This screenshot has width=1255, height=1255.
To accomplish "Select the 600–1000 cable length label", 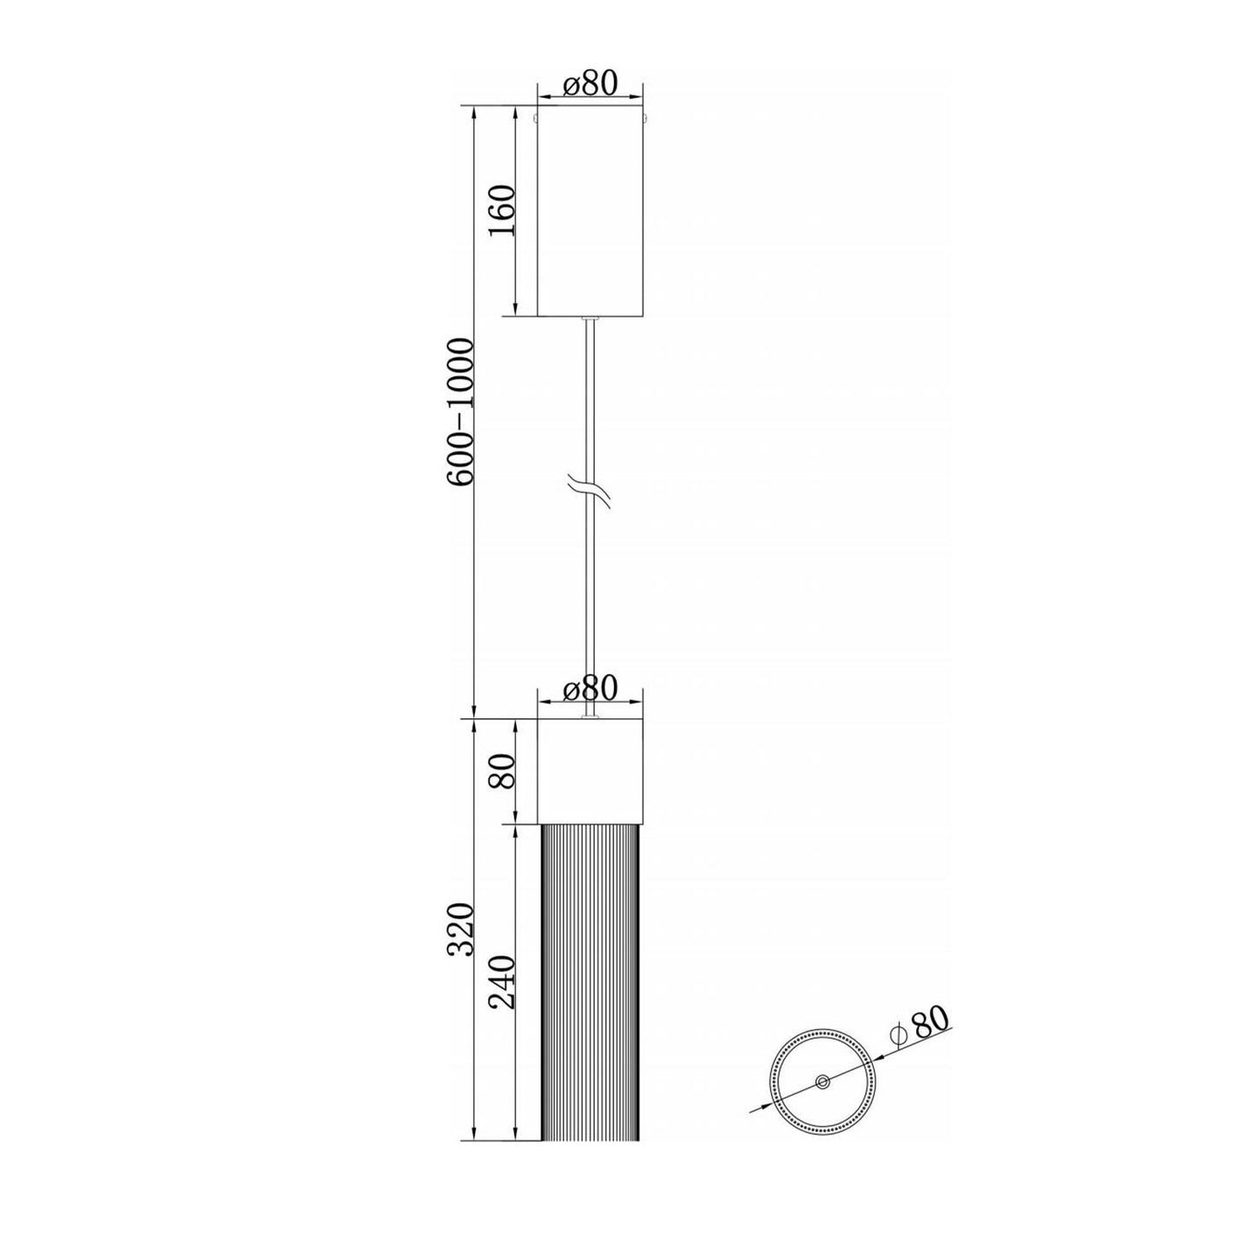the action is coord(462,411).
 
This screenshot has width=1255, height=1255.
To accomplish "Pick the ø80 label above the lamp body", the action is coord(590,688).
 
